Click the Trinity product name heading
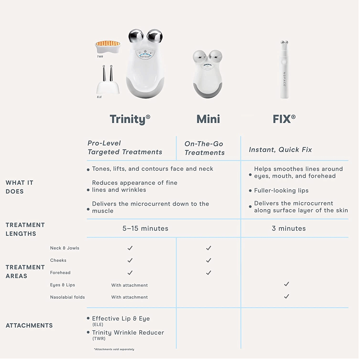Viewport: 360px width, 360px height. point(130,119)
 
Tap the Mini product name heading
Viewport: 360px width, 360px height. point(208,119)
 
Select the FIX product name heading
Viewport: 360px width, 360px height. point(284,119)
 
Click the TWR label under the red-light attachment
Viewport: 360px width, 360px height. point(100,57)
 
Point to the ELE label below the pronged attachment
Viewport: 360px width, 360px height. point(99,97)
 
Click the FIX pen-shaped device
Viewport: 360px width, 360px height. point(284,70)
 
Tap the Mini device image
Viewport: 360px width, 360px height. point(207,74)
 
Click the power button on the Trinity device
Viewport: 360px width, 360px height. point(145,51)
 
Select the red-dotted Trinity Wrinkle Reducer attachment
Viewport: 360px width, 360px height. point(108,47)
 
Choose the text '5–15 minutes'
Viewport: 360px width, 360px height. point(145,229)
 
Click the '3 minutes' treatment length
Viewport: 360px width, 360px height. point(289,229)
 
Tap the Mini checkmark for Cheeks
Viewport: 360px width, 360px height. point(208,261)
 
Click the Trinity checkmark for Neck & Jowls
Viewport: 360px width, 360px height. point(130,248)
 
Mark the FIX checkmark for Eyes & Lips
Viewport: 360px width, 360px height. point(286,284)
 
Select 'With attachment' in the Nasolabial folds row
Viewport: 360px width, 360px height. point(129,297)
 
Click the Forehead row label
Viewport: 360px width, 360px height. point(60,272)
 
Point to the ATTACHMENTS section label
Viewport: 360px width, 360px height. point(29,326)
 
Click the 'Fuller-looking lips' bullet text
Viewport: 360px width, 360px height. point(281,191)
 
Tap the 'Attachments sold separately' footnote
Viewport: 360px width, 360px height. point(114,349)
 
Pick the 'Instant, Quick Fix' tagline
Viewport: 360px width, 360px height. point(280,150)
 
